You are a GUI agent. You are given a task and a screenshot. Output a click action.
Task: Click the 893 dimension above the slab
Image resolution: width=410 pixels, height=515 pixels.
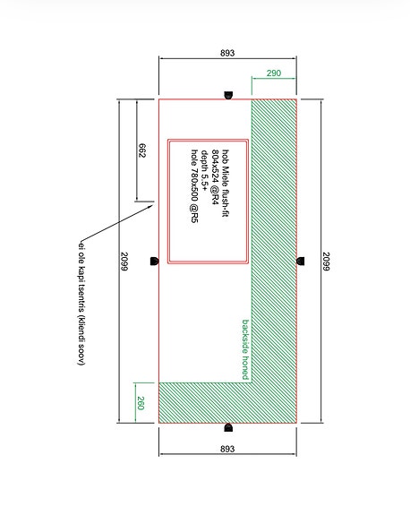tap(227, 53)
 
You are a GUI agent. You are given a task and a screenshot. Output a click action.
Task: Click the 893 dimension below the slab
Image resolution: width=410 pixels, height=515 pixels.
tap(227, 449)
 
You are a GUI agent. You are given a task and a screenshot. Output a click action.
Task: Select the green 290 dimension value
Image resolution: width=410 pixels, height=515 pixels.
tap(274, 73)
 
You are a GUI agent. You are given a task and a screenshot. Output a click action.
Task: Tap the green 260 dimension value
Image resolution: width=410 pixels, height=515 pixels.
tap(141, 403)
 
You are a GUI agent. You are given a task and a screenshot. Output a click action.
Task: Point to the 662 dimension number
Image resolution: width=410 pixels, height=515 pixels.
tap(141, 150)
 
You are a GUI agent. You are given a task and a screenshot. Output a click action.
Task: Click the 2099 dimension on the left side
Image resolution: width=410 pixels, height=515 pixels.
tap(124, 262)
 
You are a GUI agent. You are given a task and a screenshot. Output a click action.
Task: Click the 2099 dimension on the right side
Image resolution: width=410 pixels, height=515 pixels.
tap(326, 262)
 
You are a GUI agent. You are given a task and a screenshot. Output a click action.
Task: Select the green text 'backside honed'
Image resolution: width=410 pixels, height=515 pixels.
tap(245, 349)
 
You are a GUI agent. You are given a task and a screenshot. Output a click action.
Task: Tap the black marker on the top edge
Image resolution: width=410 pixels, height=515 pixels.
tap(228, 95)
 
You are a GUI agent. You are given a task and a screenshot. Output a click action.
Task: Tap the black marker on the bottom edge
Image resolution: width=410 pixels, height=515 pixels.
tap(228, 427)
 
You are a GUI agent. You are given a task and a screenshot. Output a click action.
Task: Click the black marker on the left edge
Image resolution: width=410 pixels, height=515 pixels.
tap(154, 262)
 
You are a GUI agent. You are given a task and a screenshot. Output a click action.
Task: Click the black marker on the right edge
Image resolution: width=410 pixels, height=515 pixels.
tap(301, 262)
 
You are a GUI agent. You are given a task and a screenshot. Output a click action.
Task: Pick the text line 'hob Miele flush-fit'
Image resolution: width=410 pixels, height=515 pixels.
tap(226, 183)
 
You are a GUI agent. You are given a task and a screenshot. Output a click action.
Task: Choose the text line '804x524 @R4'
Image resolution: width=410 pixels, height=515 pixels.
tap(215, 176)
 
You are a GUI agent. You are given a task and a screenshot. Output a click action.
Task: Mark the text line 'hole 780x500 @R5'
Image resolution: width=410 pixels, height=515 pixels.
tap(194, 186)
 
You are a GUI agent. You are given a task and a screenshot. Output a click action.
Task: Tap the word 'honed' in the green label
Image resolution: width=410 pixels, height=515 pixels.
tap(245, 368)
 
